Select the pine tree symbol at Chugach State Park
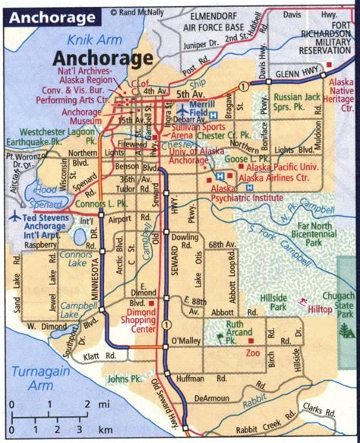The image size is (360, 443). point(346,331)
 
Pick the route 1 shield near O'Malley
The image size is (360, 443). point(164,324)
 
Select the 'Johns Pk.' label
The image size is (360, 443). point(125,378)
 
